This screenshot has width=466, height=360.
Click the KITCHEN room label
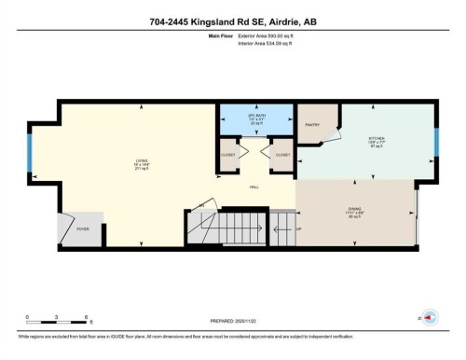click(377, 140)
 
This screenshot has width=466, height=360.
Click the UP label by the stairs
click(298, 228)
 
